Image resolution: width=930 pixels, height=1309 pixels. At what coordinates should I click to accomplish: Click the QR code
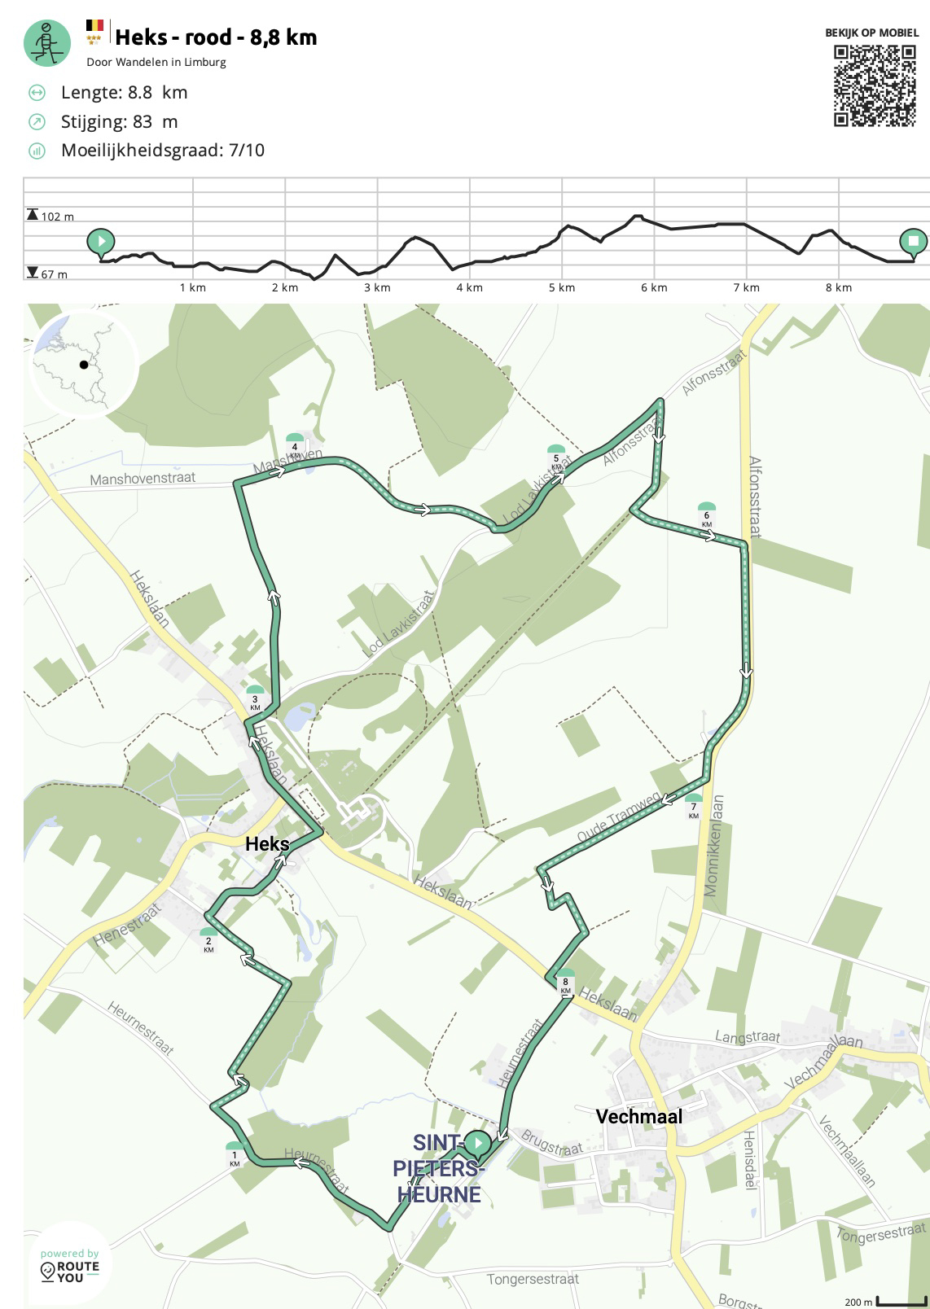point(875,85)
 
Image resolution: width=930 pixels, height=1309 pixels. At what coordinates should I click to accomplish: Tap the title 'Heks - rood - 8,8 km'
point(216,37)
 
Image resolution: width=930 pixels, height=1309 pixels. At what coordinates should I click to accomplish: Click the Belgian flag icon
point(95,25)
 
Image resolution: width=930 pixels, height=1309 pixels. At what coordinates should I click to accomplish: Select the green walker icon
point(47,42)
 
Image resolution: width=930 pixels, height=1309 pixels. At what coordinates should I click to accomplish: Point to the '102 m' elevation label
point(56,217)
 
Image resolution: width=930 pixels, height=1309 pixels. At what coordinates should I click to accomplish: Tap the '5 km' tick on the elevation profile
point(561,287)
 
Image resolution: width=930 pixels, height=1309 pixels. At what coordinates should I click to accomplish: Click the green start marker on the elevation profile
point(101,242)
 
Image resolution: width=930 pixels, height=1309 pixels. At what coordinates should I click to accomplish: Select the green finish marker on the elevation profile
point(913,242)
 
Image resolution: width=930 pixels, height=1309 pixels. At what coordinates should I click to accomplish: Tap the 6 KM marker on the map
point(706,514)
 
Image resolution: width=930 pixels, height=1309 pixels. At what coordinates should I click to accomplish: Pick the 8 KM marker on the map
point(565,982)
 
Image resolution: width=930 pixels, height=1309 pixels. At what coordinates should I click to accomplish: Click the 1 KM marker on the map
point(235,1154)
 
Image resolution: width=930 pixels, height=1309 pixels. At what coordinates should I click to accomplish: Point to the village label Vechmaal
point(638,1116)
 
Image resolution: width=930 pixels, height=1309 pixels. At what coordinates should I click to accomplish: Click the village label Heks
point(267,844)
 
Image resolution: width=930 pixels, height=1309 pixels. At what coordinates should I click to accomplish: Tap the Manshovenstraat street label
point(143,479)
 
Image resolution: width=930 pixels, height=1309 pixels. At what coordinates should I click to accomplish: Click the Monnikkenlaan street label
point(713,846)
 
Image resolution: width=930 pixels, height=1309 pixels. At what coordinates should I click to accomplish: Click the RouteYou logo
point(70,1267)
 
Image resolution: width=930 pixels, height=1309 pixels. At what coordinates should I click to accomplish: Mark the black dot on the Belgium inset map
point(83,365)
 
